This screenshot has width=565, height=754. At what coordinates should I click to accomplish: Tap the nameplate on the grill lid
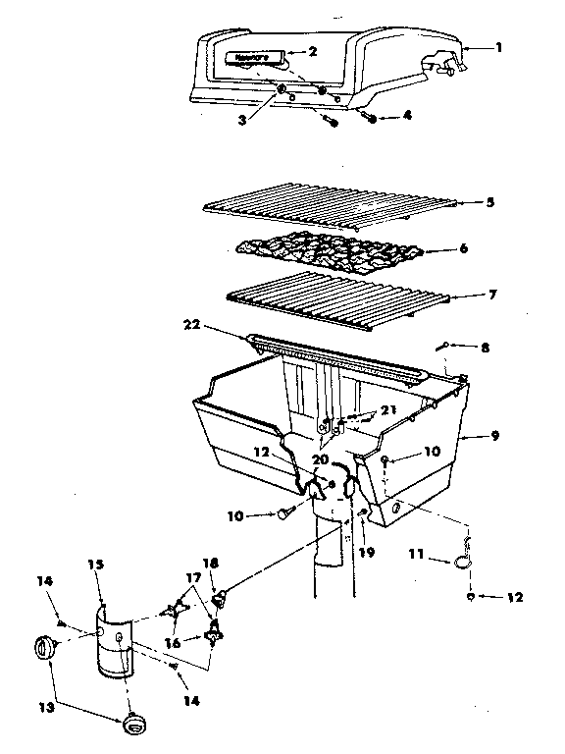[251, 58]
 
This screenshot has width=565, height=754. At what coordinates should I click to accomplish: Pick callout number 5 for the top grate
[490, 203]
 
